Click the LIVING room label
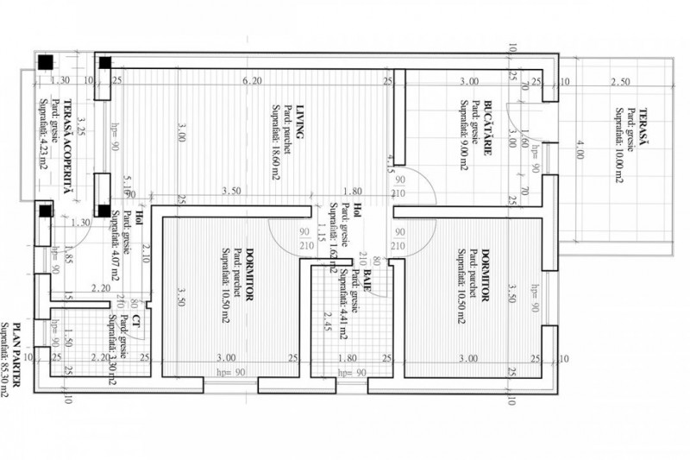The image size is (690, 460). (x=300, y=122)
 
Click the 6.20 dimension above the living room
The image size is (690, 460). (x=251, y=82)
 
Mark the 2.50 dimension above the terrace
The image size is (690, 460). (x=619, y=82)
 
